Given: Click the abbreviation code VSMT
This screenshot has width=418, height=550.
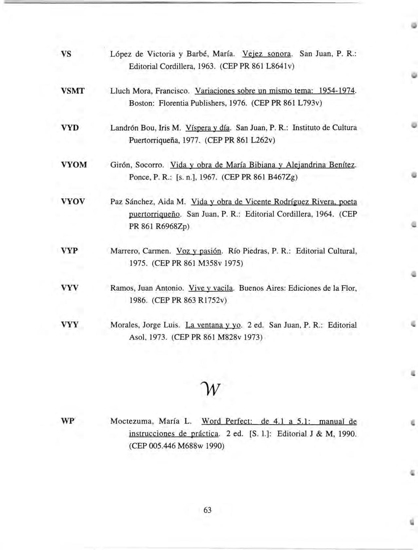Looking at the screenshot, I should point(72,91).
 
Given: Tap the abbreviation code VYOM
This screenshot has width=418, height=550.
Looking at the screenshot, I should point(74,164).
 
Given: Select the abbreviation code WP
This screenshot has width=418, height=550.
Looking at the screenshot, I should point(68,421).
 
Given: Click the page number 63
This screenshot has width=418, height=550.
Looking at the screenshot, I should point(207,510).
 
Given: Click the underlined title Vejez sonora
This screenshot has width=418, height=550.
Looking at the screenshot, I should point(266,54).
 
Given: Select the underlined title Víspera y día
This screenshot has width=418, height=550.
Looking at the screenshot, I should point(208,128).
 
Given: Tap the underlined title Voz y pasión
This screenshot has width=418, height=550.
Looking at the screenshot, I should point(199,251).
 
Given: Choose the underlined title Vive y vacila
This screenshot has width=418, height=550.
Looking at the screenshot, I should point(211,288).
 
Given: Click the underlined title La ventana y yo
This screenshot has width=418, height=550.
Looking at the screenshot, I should point(213,325).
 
